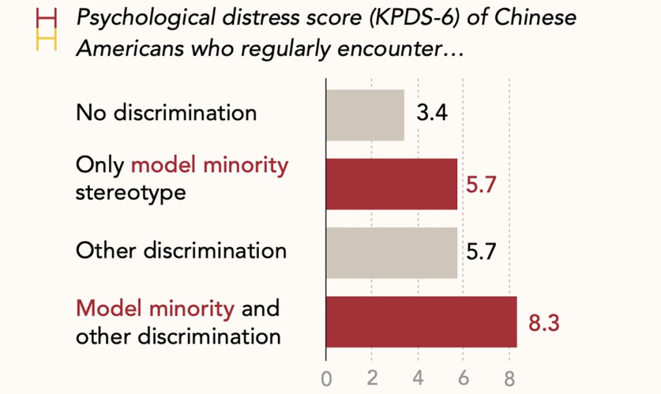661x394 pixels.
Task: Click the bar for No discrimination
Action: tap(365, 115)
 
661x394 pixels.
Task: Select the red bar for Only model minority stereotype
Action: tap(392, 184)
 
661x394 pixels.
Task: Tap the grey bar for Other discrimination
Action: tap(392, 253)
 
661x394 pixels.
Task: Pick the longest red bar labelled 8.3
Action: tap(422, 322)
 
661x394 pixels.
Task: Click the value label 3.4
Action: tap(432, 113)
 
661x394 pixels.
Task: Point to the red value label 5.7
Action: tap(481, 185)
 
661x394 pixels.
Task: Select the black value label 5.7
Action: tap(481, 251)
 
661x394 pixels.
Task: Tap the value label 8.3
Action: tap(544, 323)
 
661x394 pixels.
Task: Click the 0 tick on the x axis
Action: tap(326, 379)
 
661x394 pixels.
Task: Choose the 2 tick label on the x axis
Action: tap(372, 378)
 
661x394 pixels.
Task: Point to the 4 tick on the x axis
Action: tap(418, 378)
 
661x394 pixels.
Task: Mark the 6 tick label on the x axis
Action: tap(463, 378)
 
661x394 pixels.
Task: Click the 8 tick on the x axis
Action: tap(509, 379)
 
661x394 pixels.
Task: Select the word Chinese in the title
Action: tap(535, 17)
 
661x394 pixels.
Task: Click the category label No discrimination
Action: tap(166, 113)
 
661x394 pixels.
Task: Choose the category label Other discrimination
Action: tap(181, 251)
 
